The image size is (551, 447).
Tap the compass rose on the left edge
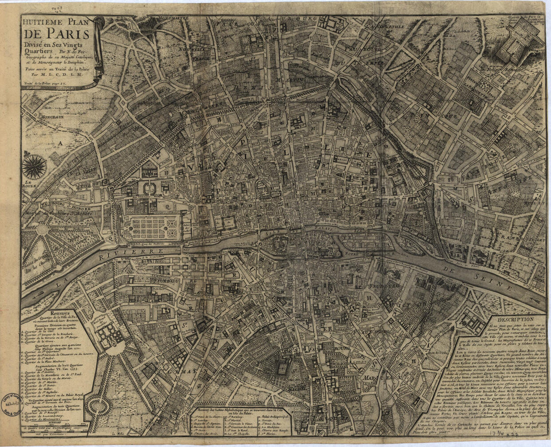pyautogui.click(x=34, y=167)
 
